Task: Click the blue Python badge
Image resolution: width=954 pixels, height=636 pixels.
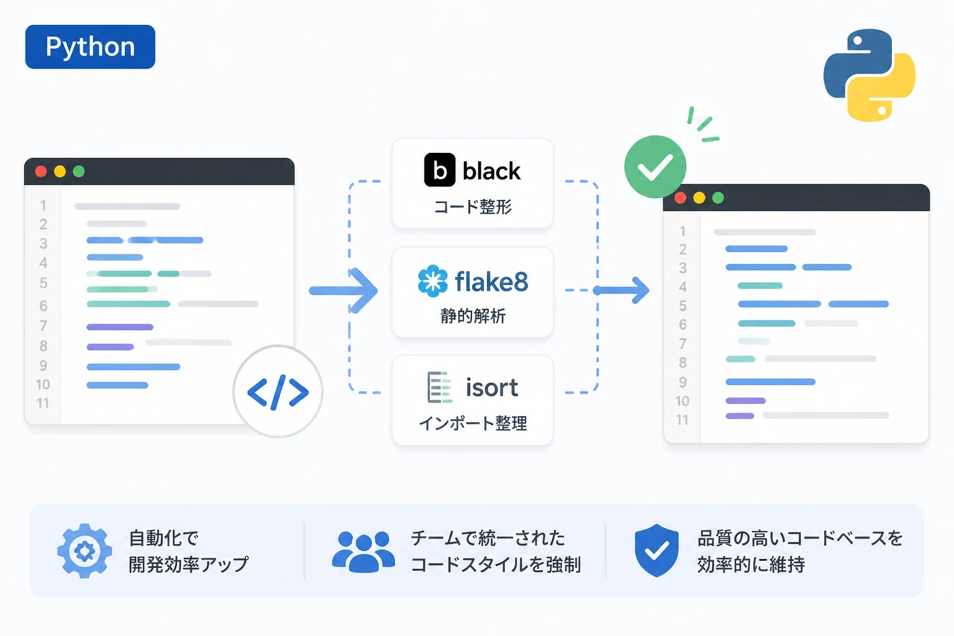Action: [x=90, y=47]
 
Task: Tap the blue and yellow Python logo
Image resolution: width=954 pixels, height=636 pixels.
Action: [x=870, y=75]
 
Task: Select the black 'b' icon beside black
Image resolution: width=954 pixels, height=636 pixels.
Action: [x=440, y=170]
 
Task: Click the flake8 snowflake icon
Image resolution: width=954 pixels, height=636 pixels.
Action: [x=433, y=281]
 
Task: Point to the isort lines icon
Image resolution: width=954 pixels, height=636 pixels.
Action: [x=439, y=387]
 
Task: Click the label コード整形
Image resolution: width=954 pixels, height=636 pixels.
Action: [x=473, y=207]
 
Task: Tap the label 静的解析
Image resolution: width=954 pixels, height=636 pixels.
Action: [x=473, y=316]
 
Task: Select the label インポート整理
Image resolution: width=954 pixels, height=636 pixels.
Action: [x=473, y=424]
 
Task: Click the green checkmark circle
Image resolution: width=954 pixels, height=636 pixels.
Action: [x=655, y=166]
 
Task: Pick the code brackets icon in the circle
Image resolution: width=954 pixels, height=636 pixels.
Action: [x=278, y=392]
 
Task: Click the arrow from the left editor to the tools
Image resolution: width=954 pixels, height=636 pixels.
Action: [x=343, y=291]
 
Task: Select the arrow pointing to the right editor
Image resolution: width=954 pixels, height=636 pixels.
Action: [x=621, y=291]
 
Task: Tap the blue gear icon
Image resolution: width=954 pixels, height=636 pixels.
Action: [x=84, y=551]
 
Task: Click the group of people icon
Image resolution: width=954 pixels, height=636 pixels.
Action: [x=363, y=552]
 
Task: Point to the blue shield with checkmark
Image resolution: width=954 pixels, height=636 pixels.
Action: [x=656, y=550]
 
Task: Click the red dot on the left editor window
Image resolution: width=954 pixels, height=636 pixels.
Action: [x=41, y=171]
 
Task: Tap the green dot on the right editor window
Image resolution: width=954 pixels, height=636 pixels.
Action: [x=718, y=198]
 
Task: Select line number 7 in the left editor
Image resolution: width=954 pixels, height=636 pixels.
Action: [x=43, y=326]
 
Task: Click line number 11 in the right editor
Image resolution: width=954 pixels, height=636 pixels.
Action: [x=683, y=420]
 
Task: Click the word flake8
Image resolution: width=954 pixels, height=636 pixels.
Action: [x=491, y=281]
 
